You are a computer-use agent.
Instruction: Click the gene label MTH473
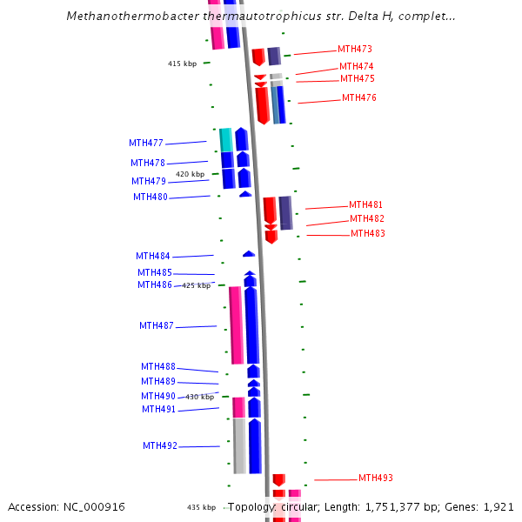coord(355,50)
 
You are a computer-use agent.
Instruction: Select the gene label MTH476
coord(358,98)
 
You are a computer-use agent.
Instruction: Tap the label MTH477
coord(146,143)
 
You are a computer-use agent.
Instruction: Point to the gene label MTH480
coord(151,197)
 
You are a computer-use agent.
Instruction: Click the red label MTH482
coord(366,219)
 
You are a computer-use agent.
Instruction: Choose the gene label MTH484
coord(153,257)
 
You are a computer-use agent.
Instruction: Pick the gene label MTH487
coord(157,326)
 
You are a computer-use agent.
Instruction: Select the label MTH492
coord(160,446)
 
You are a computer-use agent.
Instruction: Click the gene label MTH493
coord(376,478)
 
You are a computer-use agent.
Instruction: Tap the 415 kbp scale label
coord(182,64)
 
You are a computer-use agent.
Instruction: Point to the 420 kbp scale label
coord(190,175)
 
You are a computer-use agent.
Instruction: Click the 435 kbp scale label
coord(200,507)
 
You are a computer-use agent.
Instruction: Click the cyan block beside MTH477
coord(226,139)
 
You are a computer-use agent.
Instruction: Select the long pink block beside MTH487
coord(236,325)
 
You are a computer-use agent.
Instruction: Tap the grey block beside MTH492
coord(239,445)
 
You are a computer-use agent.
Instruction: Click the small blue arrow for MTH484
coord(249,254)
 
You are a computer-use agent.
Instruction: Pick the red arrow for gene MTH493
coord(278,479)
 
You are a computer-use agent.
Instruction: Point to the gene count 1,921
coord(497,507)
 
